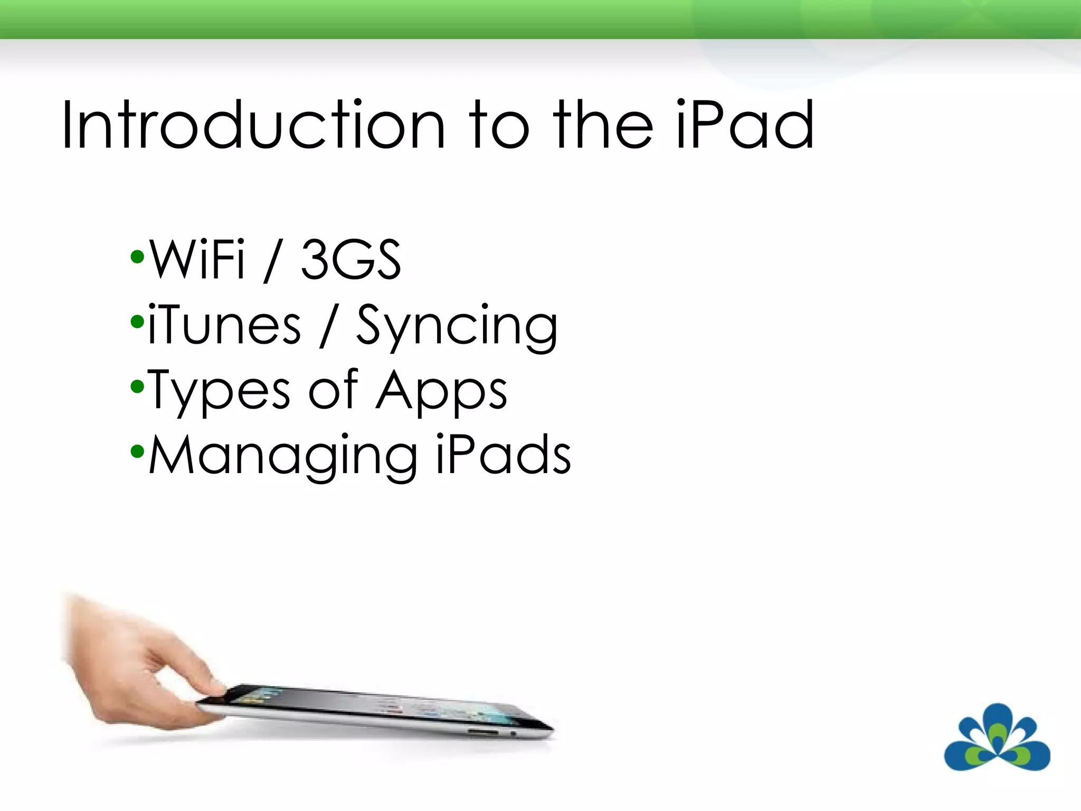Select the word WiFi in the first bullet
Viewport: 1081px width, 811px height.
pos(197,259)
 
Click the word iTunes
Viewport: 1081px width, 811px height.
pos(224,325)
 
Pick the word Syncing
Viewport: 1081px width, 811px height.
pos(457,327)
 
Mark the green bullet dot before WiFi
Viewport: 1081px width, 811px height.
pos(137,257)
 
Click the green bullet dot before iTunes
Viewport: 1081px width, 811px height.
pos(137,322)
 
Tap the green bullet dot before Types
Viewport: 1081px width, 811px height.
pos(137,387)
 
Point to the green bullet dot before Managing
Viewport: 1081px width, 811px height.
pos(137,451)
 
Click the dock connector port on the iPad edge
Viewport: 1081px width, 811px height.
pos(482,732)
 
